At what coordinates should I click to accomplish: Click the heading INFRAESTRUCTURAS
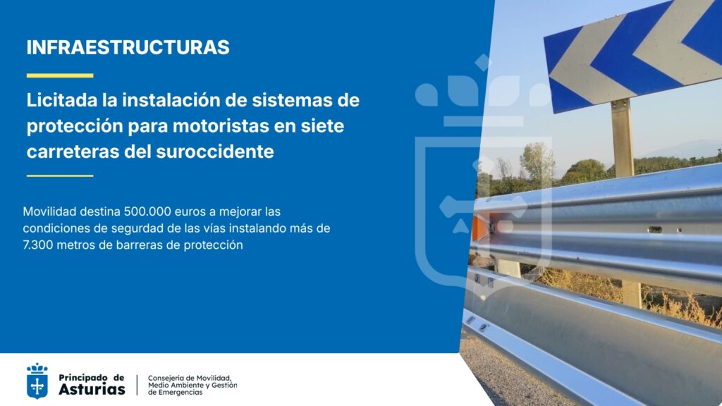(x=128, y=47)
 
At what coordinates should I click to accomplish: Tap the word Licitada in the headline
(x=62, y=100)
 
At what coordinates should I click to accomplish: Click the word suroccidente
(x=215, y=152)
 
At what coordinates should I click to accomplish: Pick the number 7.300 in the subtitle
(x=38, y=245)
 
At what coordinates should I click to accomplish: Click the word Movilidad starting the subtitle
(x=49, y=211)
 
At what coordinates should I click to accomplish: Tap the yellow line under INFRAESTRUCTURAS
(x=60, y=75)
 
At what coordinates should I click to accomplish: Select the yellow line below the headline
(x=60, y=176)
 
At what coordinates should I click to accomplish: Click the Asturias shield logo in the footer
(x=37, y=381)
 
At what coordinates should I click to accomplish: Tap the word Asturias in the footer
(x=92, y=389)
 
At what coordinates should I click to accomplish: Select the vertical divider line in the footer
(x=137, y=385)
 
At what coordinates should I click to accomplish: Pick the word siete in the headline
(x=322, y=125)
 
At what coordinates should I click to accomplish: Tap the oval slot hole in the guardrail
(x=655, y=230)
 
